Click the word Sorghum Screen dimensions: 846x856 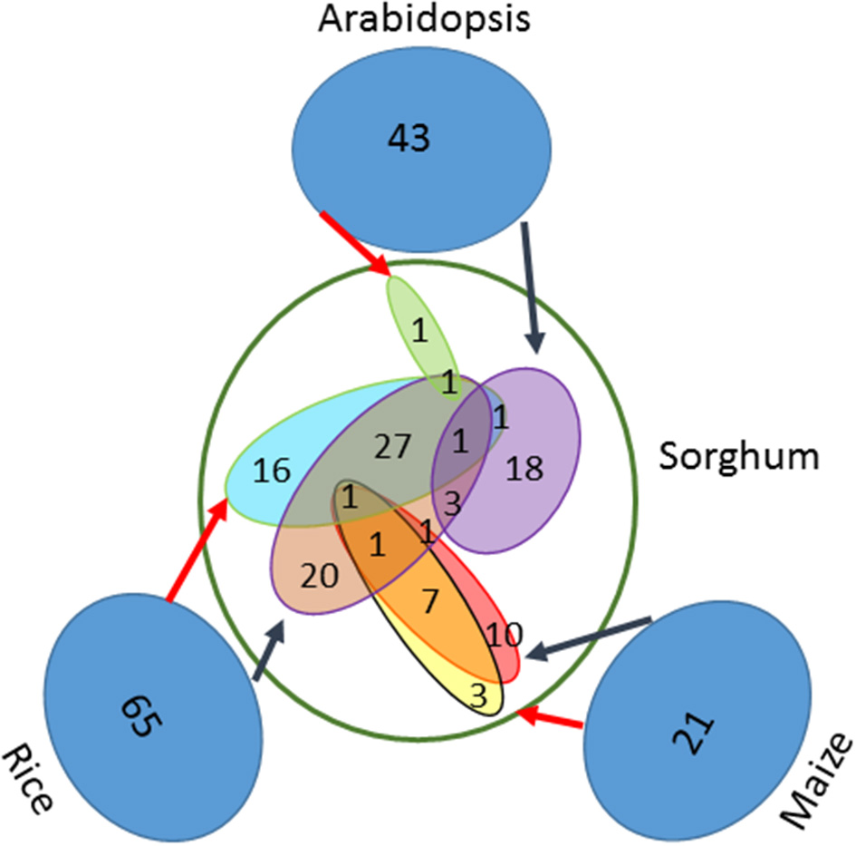coord(737,456)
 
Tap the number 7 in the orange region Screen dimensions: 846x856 coord(429,598)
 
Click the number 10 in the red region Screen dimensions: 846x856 coord(504,634)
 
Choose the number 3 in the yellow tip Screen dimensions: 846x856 coord(479,696)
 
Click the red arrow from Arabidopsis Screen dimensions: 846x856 coord(355,242)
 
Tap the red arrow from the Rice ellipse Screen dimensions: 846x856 coord(196,549)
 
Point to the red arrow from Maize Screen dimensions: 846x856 coord(552,720)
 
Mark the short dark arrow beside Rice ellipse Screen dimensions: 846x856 coord(269,650)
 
